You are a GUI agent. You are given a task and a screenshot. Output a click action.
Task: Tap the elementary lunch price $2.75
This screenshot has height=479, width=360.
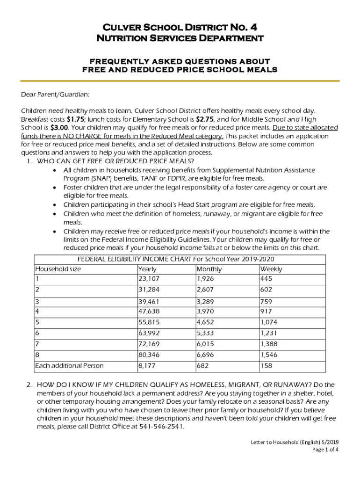coord(205,119)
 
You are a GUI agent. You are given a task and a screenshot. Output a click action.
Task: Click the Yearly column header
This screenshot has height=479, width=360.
coord(147,269)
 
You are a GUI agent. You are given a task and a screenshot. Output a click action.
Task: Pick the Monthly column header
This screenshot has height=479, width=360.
coord(209,269)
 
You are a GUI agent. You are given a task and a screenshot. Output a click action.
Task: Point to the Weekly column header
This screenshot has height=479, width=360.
coord(271,269)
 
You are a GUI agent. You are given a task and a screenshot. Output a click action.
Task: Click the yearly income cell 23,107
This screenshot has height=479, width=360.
coord(149,278)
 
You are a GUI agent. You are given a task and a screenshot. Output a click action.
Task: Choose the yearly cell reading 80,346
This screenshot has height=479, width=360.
coord(149,356)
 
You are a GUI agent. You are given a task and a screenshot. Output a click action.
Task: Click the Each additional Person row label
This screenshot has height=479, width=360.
coord(69,365)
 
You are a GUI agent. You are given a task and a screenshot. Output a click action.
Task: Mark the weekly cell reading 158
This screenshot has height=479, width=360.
coord(266,365)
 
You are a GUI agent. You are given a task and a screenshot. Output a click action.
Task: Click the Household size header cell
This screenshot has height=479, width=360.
coord(58,269)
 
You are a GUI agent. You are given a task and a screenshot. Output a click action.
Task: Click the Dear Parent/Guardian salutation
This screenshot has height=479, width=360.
coord(55,95)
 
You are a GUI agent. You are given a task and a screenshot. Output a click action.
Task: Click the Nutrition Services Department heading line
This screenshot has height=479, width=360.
coord(180,38)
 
